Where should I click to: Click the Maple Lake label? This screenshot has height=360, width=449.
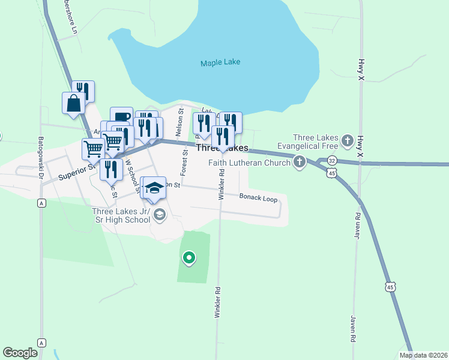tap(220, 62)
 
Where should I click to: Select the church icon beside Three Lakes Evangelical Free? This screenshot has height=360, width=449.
tap(347, 141)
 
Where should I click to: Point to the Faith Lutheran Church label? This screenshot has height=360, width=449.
tap(250, 162)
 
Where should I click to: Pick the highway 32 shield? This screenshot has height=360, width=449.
tap(333, 161)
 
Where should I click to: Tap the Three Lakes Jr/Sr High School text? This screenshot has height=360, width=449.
tap(121, 215)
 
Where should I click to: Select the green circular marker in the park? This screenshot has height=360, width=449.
tap(189, 258)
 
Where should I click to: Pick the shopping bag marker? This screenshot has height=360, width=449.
tap(73, 103)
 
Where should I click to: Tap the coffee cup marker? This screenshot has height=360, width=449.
tap(121, 116)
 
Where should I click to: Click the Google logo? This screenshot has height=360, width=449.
tap(20, 353)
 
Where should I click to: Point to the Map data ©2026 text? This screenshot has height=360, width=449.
tap(423, 355)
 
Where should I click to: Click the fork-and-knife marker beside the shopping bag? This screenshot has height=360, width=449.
tap(83, 92)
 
